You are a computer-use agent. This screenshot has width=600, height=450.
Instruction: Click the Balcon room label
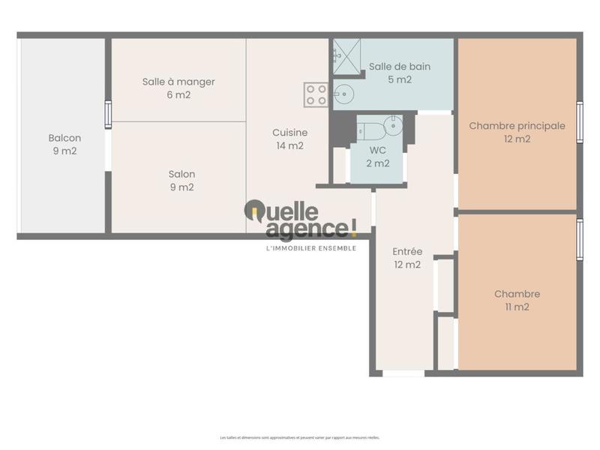click(x=64, y=139)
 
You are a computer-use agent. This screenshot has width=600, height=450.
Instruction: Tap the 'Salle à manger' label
click(x=178, y=82)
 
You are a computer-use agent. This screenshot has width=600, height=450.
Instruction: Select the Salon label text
click(x=181, y=175)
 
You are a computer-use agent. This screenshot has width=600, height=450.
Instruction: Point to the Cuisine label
click(x=289, y=133)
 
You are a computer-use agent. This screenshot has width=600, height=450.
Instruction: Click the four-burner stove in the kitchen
click(x=316, y=94)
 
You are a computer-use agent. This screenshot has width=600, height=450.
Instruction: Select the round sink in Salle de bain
click(x=343, y=94)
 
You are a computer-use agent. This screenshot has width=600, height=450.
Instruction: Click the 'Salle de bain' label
click(x=400, y=67)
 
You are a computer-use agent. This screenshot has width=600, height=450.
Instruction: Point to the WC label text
click(x=377, y=150)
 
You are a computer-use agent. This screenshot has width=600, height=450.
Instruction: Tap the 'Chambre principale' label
click(x=517, y=126)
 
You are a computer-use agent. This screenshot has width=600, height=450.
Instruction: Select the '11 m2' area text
click(x=517, y=307)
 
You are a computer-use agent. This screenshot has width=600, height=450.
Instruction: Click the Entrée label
click(x=407, y=251)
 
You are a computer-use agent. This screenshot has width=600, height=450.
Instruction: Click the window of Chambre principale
click(x=579, y=121)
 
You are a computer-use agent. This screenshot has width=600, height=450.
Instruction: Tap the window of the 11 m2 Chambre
click(x=579, y=239)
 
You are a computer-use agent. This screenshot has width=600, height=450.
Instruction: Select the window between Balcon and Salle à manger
click(x=108, y=115)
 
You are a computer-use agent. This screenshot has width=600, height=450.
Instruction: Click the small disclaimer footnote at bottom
click(x=300, y=437)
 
